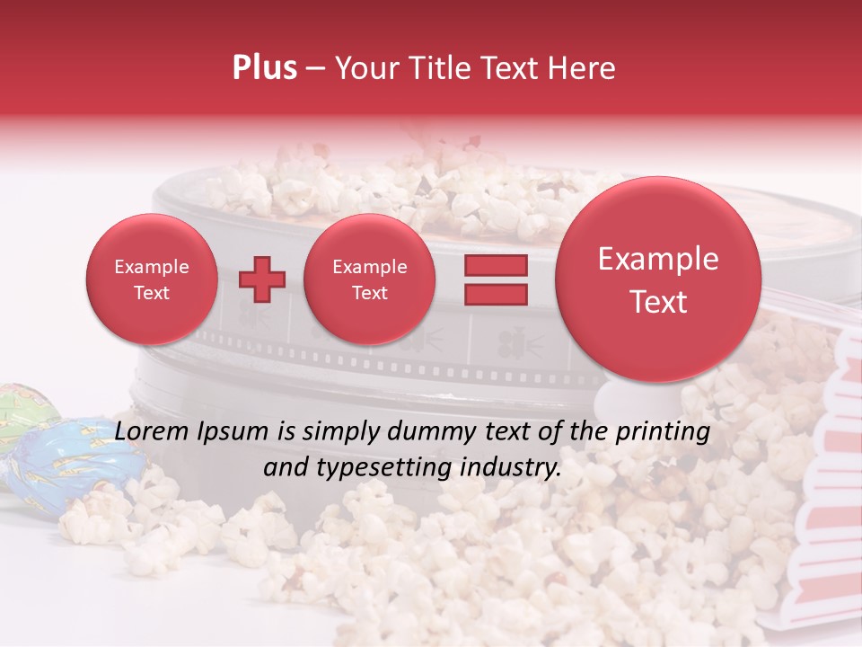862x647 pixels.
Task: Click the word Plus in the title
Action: (264, 68)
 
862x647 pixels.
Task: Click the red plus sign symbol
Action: (261, 280)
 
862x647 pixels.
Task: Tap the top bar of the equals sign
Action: (495, 265)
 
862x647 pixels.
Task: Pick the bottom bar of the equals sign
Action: (495, 294)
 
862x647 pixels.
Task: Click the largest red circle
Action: (658, 279)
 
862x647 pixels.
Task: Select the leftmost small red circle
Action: (151, 279)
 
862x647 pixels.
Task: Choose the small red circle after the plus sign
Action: (369, 279)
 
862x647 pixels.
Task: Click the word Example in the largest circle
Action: (658, 260)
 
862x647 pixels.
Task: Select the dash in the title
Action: (315, 69)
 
